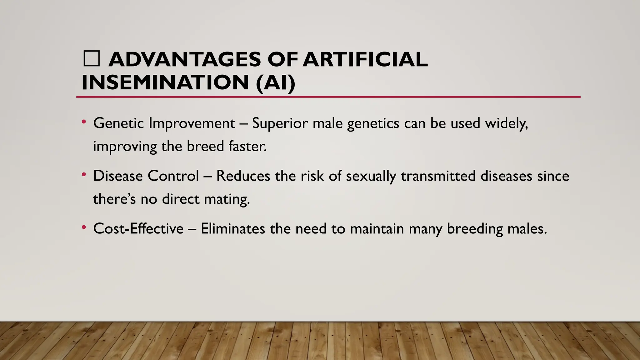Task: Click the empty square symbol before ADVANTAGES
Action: coord(92,59)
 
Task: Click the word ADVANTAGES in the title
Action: coord(184,59)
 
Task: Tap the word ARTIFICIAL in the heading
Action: coord(365,59)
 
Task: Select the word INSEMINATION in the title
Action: coord(165,82)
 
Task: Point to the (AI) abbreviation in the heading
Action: coord(275,83)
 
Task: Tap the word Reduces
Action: coord(243,176)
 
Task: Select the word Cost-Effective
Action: coord(138,229)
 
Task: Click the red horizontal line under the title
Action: coord(328,97)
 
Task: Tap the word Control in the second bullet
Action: coord(173,176)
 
